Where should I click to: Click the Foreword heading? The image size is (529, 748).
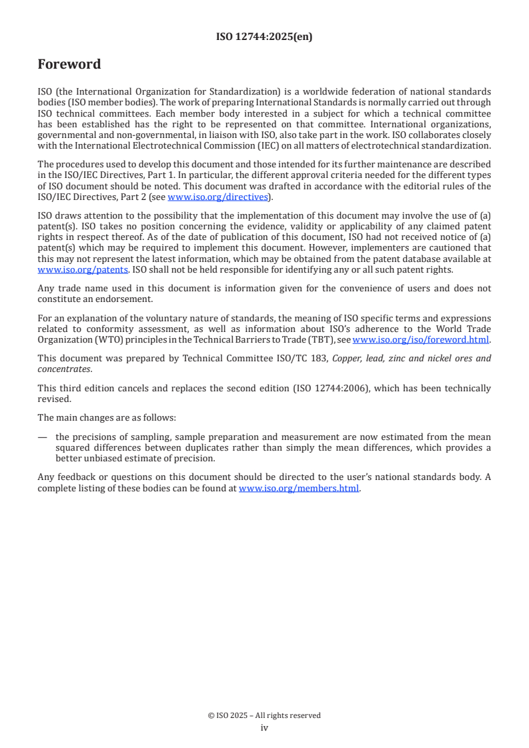tap(69, 65)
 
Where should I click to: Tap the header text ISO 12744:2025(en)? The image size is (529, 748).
tap(264, 37)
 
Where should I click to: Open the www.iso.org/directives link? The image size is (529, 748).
tap(218, 197)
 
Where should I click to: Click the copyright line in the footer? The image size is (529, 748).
tap(264, 715)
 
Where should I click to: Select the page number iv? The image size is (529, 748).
tap(264, 727)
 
